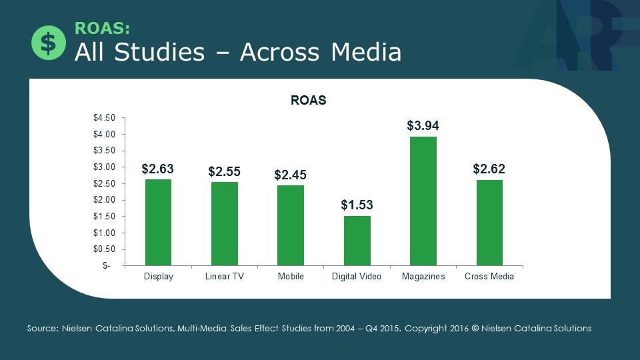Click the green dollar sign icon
(48, 43)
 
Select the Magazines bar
(423, 201)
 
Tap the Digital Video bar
(357, 240)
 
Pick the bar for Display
(158, 222)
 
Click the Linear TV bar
(224, 223)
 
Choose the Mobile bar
(291, 225)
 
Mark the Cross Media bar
(489, 222)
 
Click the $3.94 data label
(423, 125)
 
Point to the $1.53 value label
(357, 205)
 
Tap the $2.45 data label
(291, 175)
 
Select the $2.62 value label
(489, 169)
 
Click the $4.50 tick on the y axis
(104, 118)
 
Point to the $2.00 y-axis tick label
(104, 200)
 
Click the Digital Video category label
(357, 277)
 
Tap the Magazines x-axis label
(423, 277)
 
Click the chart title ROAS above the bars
(308, 101)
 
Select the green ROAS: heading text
(102, 28)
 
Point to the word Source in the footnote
(42, 329)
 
